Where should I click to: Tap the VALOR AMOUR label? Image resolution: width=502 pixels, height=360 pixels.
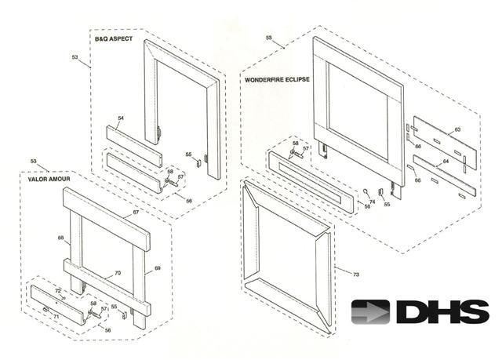point(37,179)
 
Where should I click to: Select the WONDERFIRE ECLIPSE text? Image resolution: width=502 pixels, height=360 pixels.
point(278,80)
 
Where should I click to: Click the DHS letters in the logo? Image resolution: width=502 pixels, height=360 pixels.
point(442,312)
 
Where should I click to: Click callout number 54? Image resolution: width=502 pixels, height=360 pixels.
point(121,118)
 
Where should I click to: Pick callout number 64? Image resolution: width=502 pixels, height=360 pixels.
point(446,162)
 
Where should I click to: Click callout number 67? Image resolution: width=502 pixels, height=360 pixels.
point(135,213)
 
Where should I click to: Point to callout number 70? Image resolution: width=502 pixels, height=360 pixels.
point(118,273)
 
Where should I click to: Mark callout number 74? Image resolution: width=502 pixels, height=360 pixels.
point(372,202)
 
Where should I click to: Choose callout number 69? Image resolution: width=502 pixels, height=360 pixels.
point(157,269)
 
